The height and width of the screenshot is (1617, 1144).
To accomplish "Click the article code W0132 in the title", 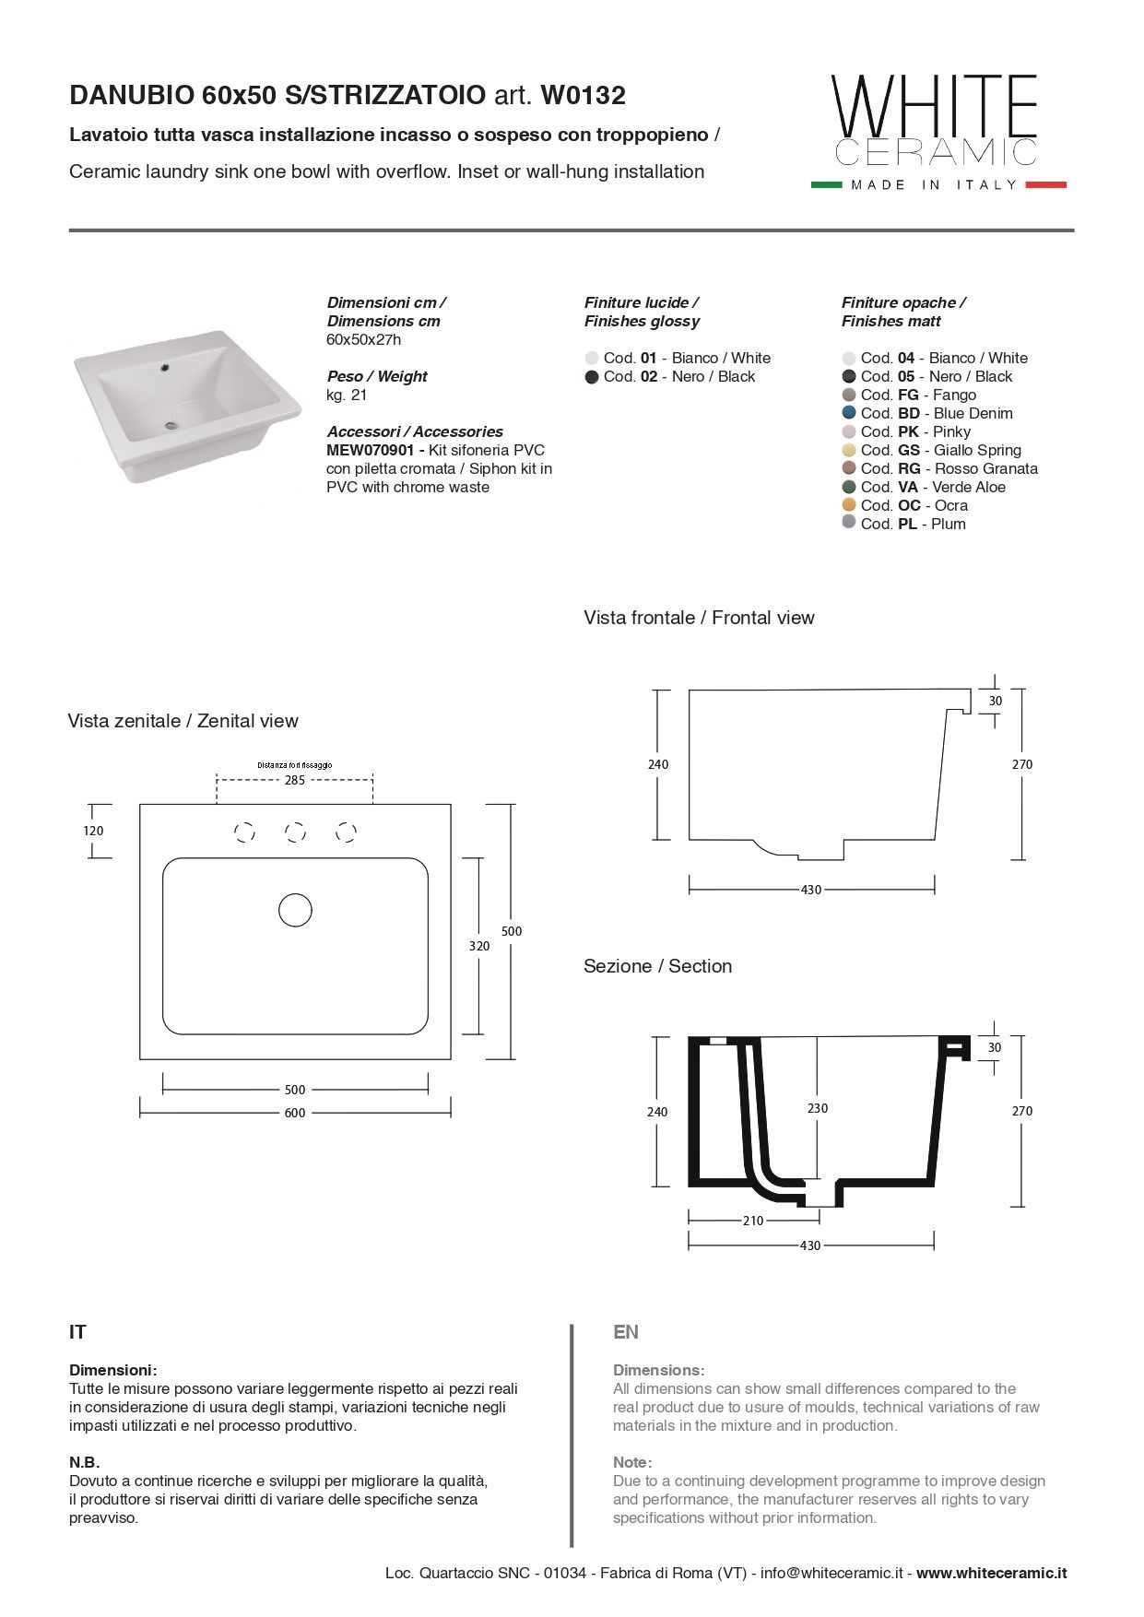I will (583, 95).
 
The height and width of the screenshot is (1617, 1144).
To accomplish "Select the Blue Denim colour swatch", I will (849, 413).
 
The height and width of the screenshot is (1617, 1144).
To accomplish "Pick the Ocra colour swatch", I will (849, 505).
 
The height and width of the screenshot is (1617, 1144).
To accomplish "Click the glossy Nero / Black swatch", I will (592, 376).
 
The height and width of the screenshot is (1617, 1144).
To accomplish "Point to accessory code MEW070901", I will (374, 450).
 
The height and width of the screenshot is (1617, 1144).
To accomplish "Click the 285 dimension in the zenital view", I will (295, 780).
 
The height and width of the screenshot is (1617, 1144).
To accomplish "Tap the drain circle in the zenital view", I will (295, 910).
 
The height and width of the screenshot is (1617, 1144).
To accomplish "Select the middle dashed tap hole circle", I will (295, 832).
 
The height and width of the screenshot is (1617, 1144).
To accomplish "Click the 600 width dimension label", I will (295, 1113).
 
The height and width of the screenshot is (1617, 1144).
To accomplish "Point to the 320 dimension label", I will (479, 946).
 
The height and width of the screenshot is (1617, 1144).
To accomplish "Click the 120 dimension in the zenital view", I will (93, 831).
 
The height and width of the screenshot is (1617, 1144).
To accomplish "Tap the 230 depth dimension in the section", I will (818, 1108).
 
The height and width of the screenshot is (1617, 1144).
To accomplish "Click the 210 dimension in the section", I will (753, 1221).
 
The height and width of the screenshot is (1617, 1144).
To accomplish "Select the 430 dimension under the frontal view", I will (810, 890).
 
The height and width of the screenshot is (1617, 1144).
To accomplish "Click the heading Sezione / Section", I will (657, 966).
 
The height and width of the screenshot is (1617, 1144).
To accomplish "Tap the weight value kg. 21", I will (347, 395).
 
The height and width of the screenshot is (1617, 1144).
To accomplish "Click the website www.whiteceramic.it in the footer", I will (991, 1573).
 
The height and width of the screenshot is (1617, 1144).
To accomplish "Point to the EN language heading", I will (626, 1332).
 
